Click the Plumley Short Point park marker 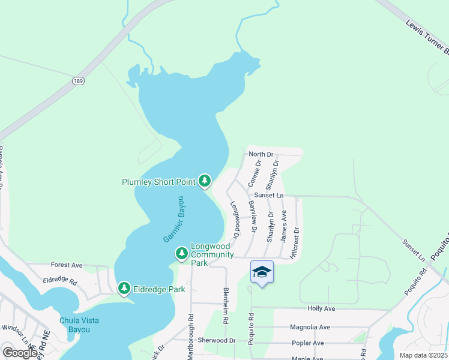[x=205, y=181]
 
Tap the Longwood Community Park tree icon [x=181, y=254]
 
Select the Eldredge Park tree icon [x=124, y=289]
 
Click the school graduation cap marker [x=262, y=272]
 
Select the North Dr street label [x=261, y=155]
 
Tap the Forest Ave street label [x=67, y=265]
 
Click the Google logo [x=20, y=352]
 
